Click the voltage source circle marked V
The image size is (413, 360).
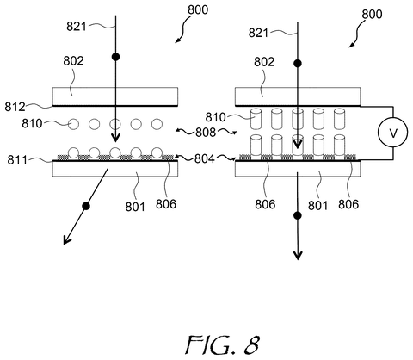392,133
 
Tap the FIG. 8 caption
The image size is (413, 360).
223,344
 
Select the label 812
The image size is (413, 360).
15,107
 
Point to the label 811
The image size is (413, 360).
17,159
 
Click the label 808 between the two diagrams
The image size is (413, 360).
206,133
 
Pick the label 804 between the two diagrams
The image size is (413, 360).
205,158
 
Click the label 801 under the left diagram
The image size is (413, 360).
135,207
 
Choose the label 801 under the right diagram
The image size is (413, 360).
317,206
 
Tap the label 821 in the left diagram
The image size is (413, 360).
77,27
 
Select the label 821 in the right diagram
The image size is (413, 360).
258,33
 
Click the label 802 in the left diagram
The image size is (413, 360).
73,61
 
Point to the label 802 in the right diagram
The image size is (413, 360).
264,62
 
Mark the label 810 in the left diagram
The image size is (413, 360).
32,124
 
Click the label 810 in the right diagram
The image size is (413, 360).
216,117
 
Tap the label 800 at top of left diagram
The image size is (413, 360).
198,9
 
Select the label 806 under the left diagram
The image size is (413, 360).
166,204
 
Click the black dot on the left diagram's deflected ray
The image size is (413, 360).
86,206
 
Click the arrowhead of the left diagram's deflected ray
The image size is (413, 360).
66,240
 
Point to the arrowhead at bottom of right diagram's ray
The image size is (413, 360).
298,255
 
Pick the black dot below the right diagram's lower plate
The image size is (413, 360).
298,215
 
